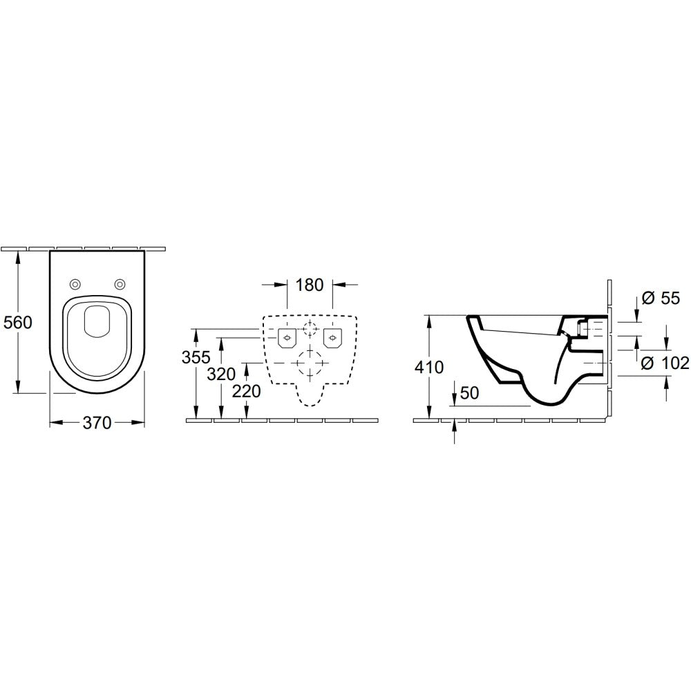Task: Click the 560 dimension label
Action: click(18, 323)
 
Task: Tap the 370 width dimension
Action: click(97, 423)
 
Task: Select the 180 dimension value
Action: click(310, 285)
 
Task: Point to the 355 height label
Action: click(196, 357)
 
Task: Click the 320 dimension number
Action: click(221, 374)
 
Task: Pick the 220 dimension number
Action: click(247, 391)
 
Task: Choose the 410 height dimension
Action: click(429, 367)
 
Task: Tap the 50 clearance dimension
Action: click(469, 392)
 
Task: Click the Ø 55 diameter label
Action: click(661, 299)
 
